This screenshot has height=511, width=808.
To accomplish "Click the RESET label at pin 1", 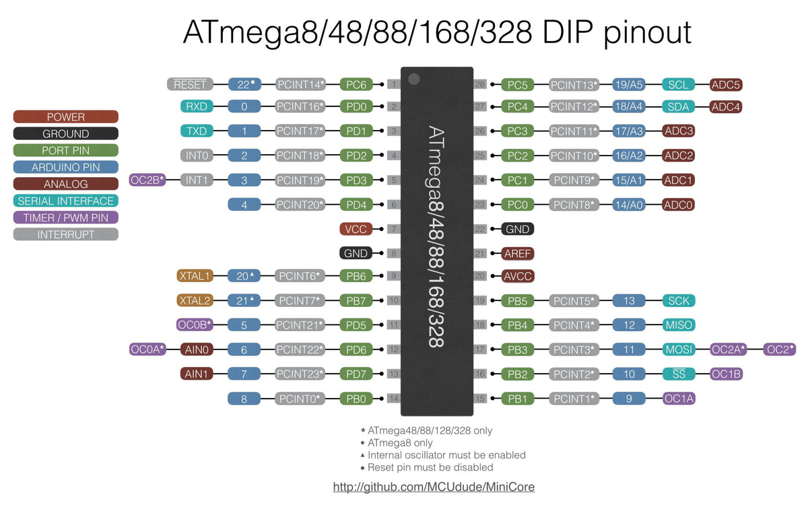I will point(190,85).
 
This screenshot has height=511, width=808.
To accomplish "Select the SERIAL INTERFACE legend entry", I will point(66,201).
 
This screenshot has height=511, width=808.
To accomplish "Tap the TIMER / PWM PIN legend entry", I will point(66,217).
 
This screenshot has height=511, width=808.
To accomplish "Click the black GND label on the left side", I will point(356,254).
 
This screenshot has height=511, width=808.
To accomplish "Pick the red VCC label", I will point(356,229).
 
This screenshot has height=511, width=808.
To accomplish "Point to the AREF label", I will point(518,254).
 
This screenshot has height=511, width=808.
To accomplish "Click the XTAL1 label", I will point(195,275).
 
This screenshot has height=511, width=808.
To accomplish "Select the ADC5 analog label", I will point(727,85).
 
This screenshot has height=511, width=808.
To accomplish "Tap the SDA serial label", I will point(679,106).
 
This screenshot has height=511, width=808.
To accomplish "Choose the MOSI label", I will point(679,349).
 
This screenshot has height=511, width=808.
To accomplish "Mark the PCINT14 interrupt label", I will point(300,85).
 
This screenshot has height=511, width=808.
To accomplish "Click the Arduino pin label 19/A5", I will point(629,85).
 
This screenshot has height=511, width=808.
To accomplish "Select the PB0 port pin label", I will point(356,399).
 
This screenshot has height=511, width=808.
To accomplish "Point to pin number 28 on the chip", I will point(480,85).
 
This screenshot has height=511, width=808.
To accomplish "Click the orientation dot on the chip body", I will point(413,79).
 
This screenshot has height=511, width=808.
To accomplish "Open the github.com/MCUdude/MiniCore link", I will point(434,486).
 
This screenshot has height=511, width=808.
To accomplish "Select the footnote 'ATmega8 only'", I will point(400,443).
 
